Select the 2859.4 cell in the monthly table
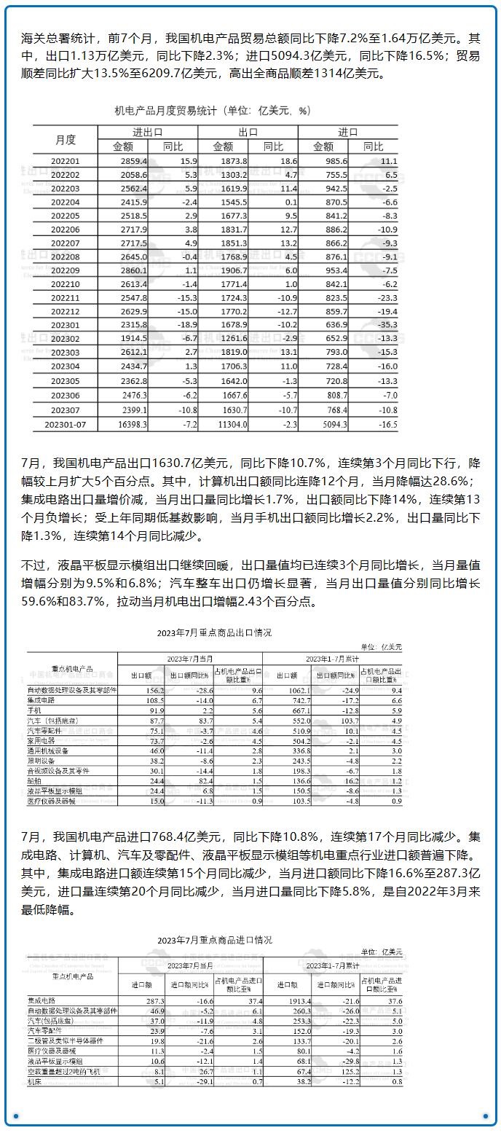tap(134, 160)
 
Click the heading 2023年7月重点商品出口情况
tap(214, 632)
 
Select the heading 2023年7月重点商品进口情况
tap(214, 940)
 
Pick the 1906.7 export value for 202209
tap(233, 270)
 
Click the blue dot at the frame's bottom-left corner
tap(14, 1116)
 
